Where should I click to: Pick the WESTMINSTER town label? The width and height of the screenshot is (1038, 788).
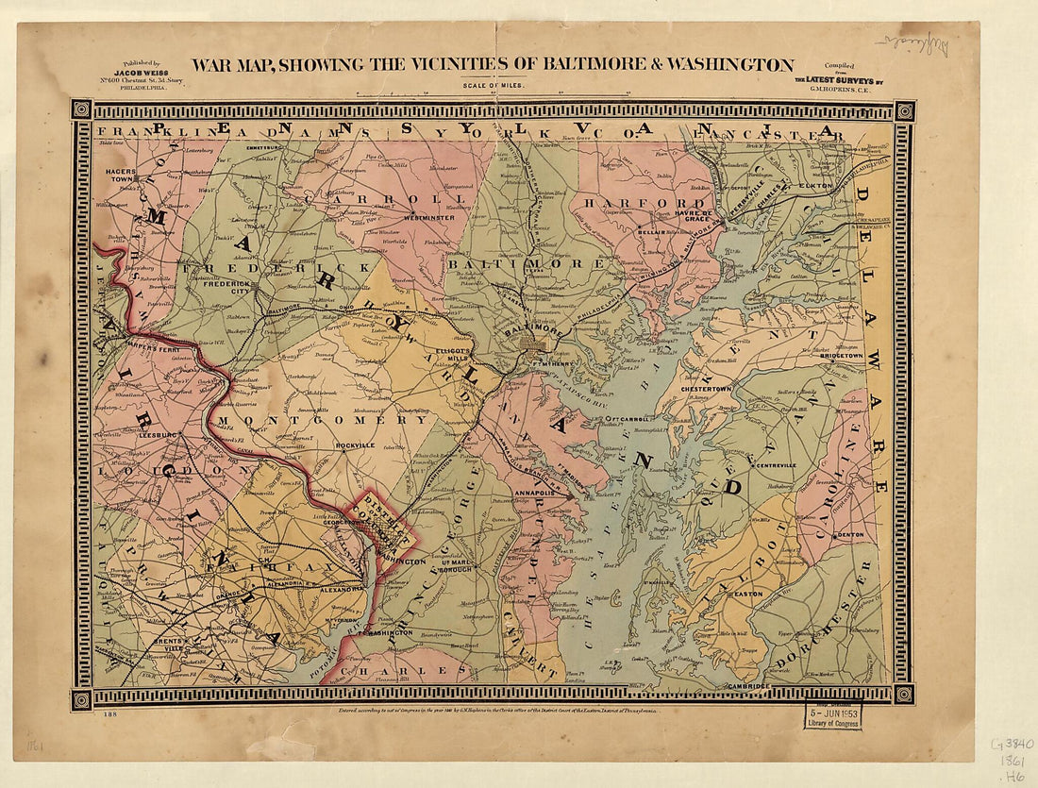(x=429, y=217)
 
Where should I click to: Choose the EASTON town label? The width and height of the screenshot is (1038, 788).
(x=747, y=594)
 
